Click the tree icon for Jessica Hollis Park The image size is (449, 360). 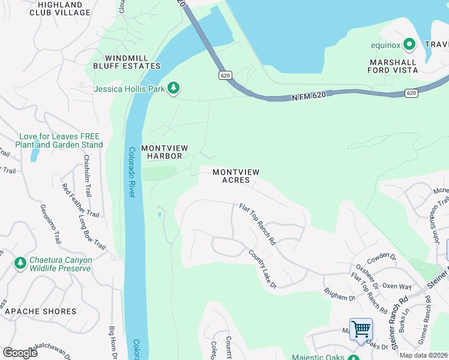pyautogui.click(x=173, y=89)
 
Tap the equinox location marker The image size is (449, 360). pyautogui.click(x=409, y=44)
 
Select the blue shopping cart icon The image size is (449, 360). pyautogui.click(x=361, y=329)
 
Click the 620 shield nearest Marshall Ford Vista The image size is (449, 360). pyautogui.click(x=411, y=93)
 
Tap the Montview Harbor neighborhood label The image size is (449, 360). pyautogui.click(x=165, y=152)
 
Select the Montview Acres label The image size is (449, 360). pyautogui.click(x=236, y=176)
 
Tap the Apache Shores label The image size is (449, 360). pyautogui.click(x=40, y=311)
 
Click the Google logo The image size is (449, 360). pyautogui.click(x=20, y=352)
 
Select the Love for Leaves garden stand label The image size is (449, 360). pyautogui.click(x=61, y=140)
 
